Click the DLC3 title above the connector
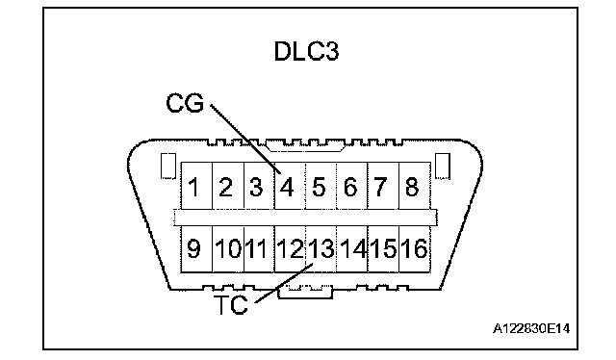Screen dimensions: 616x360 pos(306,51)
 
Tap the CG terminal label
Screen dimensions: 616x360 pos(185,103)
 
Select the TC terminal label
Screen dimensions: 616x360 pos(231,304)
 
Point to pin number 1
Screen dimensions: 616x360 pos(193,187)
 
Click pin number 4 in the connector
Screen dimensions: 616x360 pos(287,187)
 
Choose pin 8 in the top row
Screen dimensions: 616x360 pos(412,187)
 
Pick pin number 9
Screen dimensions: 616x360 pos(193,248)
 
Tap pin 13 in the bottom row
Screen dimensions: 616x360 pos(321,248)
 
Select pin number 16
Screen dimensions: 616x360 pos(414,248)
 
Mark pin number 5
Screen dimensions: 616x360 pos(319,187)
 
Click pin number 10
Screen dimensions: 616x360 pos(228,248)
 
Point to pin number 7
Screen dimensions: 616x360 pos(380,187)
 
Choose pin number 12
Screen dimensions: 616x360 pos(290,248)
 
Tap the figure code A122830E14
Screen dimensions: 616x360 pos(531,328)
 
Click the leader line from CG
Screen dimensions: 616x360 pos(245,139)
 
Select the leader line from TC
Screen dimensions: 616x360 pos(284,283)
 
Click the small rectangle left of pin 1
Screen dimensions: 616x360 pos(168,166)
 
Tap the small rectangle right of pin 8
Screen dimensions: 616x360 pos(443,166)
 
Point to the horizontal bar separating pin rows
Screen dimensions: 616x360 pos(305,218)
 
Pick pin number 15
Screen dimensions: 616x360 pos(383,248)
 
